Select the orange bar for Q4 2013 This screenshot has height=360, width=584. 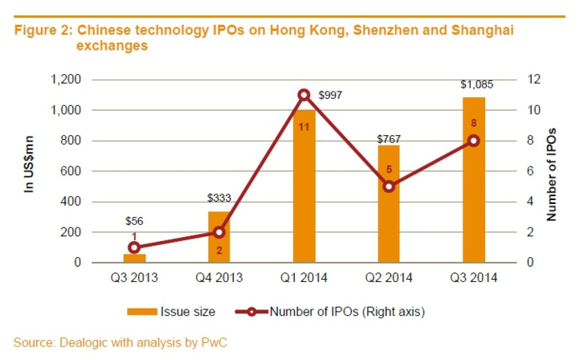219,238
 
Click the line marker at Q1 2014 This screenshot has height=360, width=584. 304,95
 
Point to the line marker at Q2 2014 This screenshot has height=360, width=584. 389,186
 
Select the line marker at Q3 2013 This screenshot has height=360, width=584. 134,247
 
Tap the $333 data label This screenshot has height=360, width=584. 219,198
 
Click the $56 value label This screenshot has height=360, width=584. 134,221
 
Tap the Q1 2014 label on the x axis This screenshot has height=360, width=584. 304,278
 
